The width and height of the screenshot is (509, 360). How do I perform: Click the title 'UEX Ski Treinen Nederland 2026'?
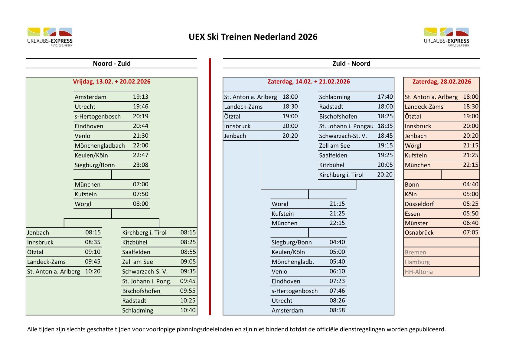(x=253, y=37)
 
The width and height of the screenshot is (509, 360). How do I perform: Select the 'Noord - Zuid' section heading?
(x=112, y=64)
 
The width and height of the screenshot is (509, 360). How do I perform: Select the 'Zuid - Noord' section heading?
(x=351, y=64)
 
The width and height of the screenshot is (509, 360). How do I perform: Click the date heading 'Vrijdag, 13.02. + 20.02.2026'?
(x=112, y=82)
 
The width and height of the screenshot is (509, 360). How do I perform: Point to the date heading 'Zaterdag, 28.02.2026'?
(x=442, y=82)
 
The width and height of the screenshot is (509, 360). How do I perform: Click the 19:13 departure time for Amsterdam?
(x=141, y=97)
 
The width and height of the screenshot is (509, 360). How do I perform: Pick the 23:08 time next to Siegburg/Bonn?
(x=141, y=165)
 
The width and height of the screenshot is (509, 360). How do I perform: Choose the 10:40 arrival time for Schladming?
(x=188, y=310)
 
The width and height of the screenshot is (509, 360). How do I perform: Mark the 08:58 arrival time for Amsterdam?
(x=337, y=310)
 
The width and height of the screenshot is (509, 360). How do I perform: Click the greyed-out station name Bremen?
(x=415, y=252)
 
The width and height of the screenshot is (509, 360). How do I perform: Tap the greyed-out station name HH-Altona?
(x=419, y=272)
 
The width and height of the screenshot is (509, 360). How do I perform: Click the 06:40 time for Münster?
(x=471, y=223)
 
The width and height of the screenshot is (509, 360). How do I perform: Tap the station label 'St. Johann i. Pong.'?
(x=147, y=281)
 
